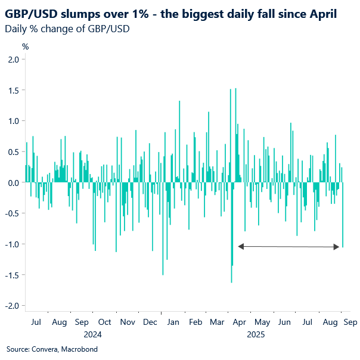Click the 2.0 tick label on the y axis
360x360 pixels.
pos(13,59)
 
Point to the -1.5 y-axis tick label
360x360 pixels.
pos(11,275)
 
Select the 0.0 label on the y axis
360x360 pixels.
pos(13,182)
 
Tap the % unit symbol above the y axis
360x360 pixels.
pos(25,46)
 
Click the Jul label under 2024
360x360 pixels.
pos(36,322)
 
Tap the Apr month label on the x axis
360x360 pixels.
pos(240,322)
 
